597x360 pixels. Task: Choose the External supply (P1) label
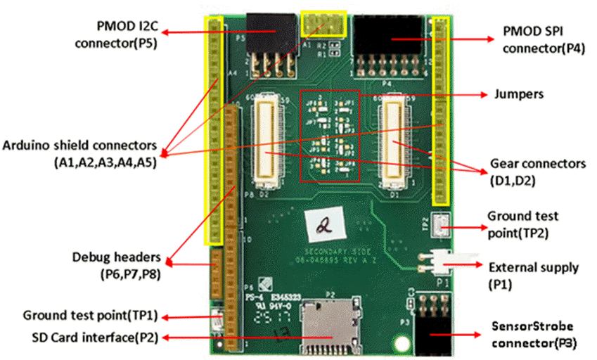click(x=533, y=276)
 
